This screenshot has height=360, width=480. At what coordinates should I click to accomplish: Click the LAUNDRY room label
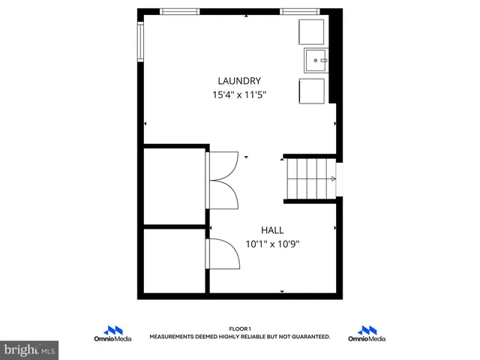click(239, 81)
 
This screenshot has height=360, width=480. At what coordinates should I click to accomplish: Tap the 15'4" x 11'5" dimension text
click(239, 95)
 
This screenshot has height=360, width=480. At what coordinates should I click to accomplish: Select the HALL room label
click(272, 229)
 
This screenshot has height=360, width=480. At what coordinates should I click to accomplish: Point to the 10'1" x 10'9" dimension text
click(272, 244)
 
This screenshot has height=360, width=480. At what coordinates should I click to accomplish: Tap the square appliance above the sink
click(311, 33)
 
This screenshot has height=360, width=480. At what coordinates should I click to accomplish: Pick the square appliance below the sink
click(312, 89)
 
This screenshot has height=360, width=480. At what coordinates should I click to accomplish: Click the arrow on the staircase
click(332, 178)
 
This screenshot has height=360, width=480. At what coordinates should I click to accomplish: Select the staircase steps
click(310, 178)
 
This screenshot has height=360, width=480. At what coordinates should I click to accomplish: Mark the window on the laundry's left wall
click(140, 43)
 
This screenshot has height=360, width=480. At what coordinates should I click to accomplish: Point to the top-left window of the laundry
click(180, 12)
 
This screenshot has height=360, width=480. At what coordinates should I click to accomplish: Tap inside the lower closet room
click(174, 260)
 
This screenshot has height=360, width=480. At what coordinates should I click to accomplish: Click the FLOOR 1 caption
click(239, 328)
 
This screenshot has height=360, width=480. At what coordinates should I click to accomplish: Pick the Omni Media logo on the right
click(367, 334)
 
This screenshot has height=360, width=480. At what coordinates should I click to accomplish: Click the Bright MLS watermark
click(30, 349)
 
